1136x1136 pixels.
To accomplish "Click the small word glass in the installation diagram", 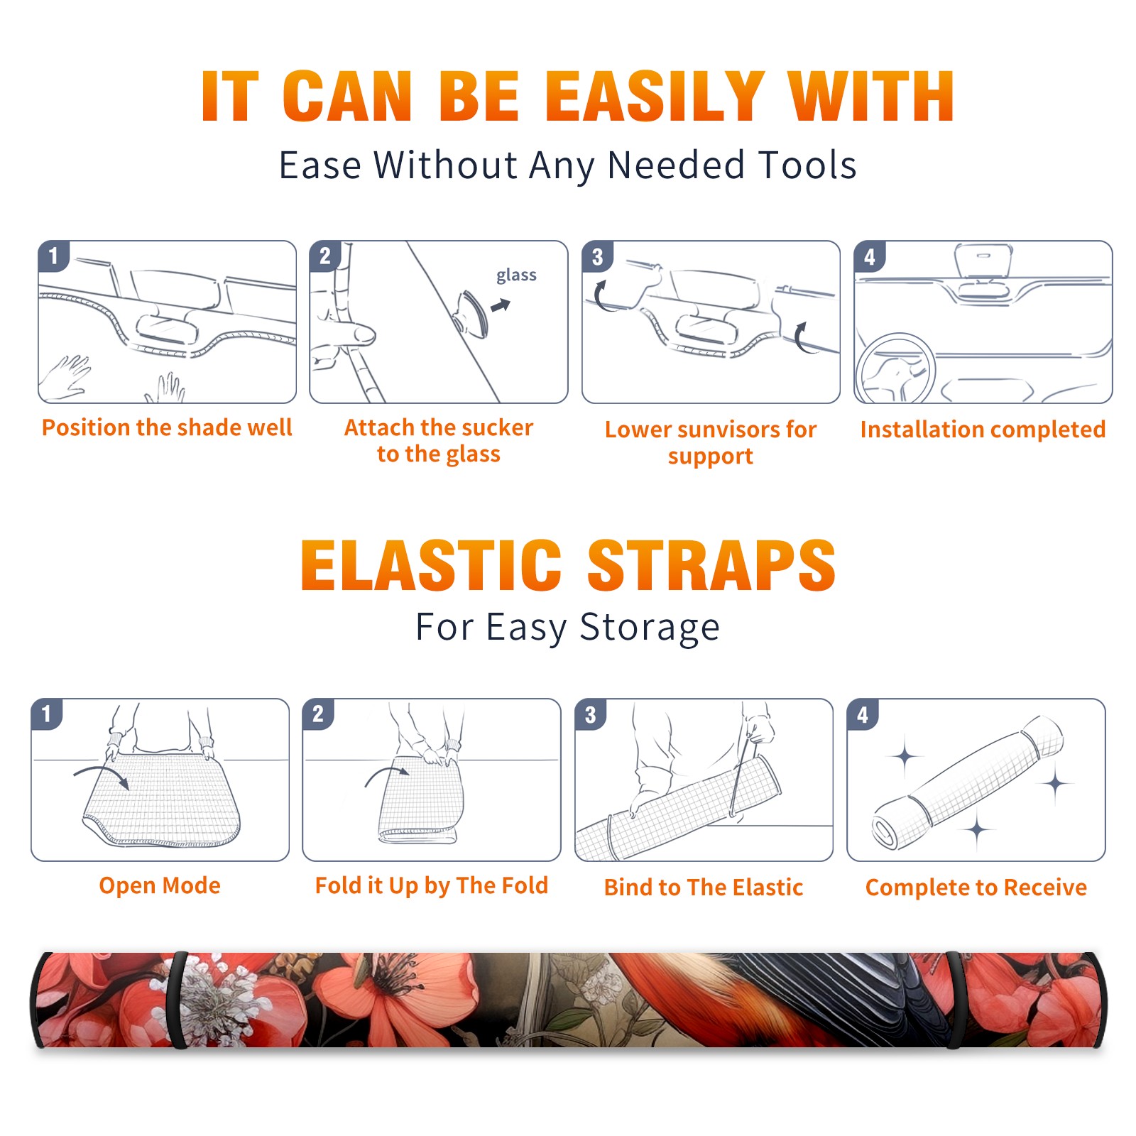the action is pos(516,275).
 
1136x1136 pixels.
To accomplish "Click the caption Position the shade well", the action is pos(167,427).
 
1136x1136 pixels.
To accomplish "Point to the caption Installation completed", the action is pos(983,429).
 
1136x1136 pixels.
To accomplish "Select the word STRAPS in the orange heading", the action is pos(711,565).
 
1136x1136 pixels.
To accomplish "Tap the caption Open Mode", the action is pos(160,885).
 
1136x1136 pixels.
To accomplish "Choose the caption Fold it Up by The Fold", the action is pos(432,885).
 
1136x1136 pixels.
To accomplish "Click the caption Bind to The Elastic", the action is pos(704,887).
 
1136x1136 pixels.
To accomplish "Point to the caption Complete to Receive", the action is pos(976,887).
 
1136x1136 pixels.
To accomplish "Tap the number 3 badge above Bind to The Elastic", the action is pos(591,714).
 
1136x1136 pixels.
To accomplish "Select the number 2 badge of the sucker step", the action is pos(325,256).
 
